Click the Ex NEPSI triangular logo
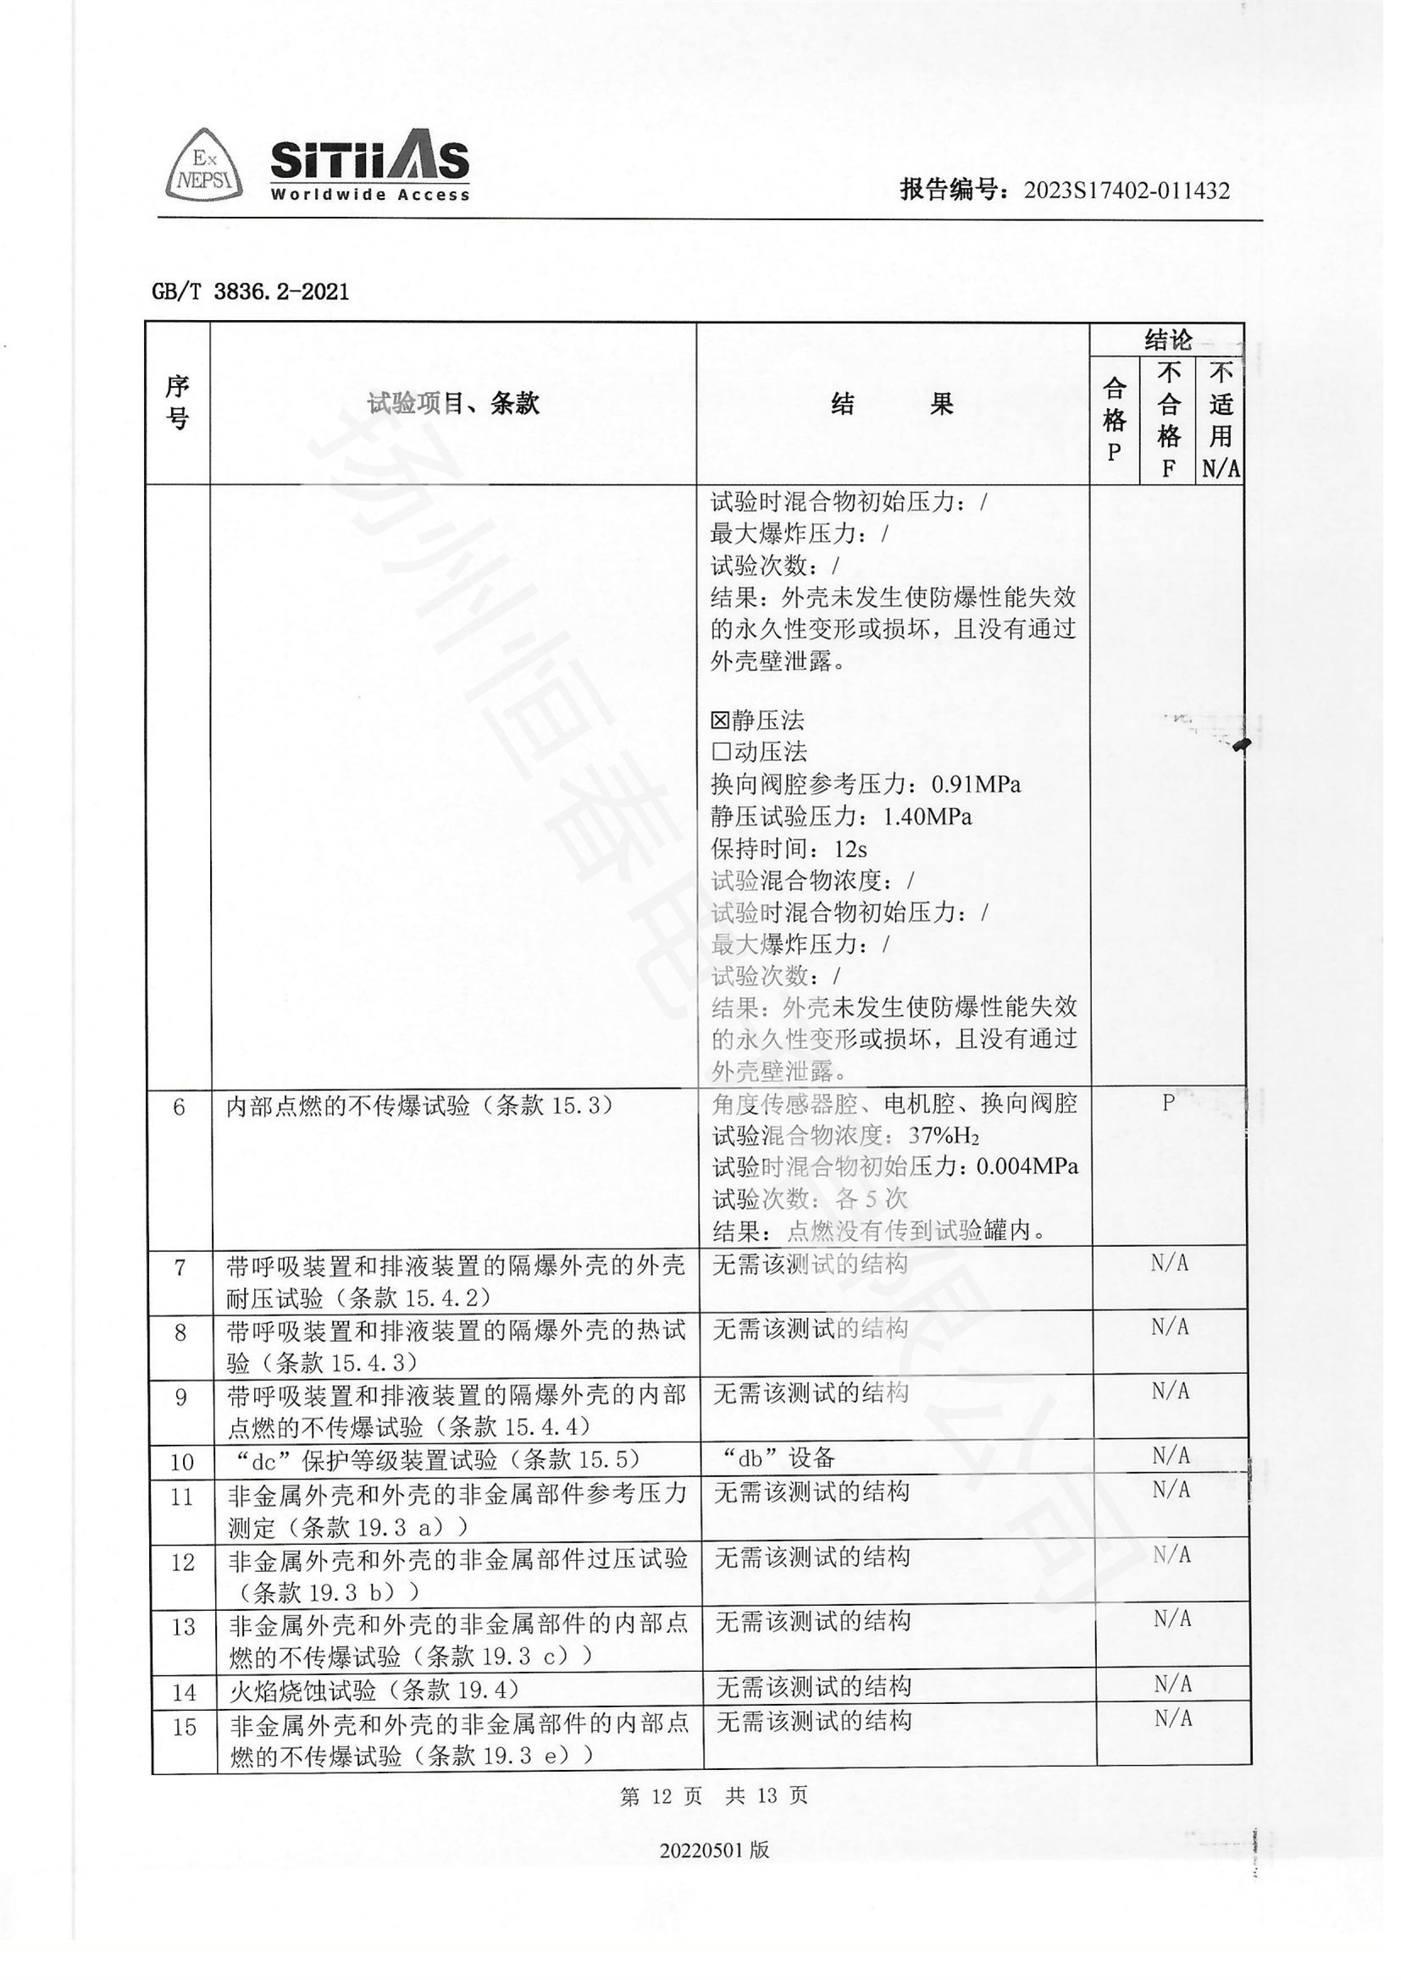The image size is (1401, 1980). (x=203, y=167)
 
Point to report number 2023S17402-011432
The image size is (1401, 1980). (x=1127, y=190)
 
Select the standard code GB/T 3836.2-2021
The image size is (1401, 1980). (x=250, y=291)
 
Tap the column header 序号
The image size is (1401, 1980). (x=178, y=402)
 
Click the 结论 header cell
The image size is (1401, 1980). (x=1167, y=339)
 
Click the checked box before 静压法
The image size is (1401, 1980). (x=719, y=720)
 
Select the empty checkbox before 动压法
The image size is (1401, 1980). (x=720, y=752)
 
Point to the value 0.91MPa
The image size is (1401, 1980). (x=976, y=785)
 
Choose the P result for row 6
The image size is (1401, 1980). (x=1168, y=1103)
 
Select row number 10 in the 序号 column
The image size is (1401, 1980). (x=181, y=1463)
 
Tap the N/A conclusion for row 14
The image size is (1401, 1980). (x=1172, y=1684)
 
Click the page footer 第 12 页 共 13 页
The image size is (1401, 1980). (x=713, y=1796)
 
